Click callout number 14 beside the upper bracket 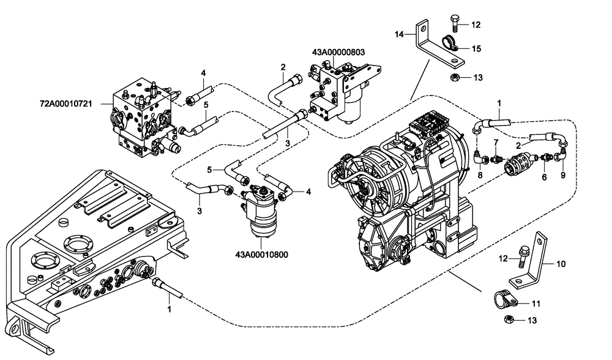pos(399,35)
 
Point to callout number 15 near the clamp pos(476,48)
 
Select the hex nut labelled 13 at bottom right pos(509,319)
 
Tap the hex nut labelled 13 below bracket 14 pos(455,77)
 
